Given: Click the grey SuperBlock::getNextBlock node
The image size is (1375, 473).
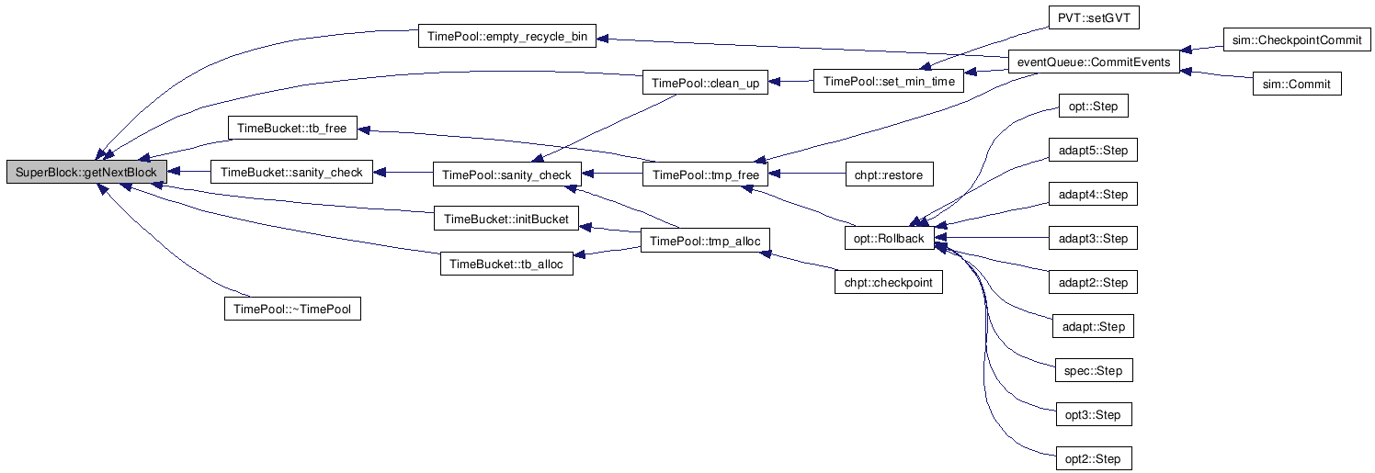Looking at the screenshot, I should pyautogui.click(x=86, y=172).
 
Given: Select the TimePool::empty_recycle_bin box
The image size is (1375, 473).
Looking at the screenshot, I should pyautogui.click(x=506, y=38).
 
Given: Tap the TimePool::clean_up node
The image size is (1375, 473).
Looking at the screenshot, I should pyautogui.click(x=705, y=84).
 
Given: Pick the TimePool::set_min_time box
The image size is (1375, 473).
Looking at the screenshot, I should pyautogui.click(x=889, y=82).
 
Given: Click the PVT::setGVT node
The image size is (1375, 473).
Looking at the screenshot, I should pyautogui.click(x=1085, y=18).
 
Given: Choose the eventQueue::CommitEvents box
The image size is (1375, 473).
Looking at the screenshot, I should pyautogui.click(x=1093, y=62).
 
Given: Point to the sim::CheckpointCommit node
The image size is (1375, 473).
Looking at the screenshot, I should pyautogui.click(x=1297, y=39).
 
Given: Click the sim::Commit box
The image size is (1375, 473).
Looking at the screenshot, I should pyautogui.click(x=1297, y=84).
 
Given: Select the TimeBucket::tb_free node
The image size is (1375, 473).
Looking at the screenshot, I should pyautogui.click(x=292, y=128).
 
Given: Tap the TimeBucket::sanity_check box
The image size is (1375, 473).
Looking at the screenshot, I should pyautogui.click(x=291, y=172).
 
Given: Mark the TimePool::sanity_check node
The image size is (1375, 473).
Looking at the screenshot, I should pyautogui.click(x=506, y=175).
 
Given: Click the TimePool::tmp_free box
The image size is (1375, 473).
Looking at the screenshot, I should pyautogui.click(x=705, y=175).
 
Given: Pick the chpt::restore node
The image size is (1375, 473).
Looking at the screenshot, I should pyautogui.click(x=889, y=175).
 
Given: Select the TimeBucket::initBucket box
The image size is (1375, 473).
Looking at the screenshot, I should pyautogui.click(x=506, y=219).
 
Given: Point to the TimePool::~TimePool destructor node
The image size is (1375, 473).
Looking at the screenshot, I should pyautogui.click(x=292, y=309).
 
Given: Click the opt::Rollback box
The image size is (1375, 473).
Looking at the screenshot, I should pyautogui.click(x=889, y=238).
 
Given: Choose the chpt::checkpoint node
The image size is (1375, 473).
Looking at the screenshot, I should pyautogui.click(x=888, y=282).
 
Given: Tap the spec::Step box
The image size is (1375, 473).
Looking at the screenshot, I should pyautogui.click(x=1093, y=370).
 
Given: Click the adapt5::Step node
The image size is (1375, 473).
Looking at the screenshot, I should pyautogui.click(x=1093, y=150).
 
